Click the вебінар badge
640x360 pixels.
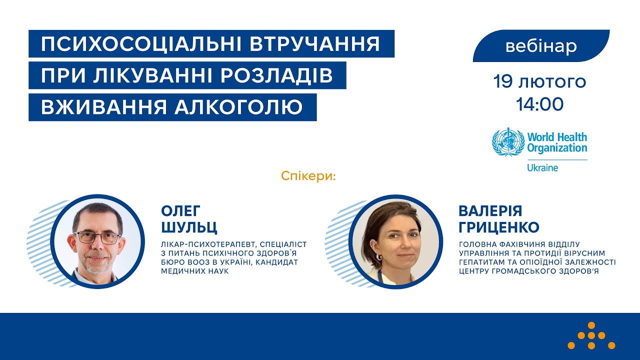pos(541,46)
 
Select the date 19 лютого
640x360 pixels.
pos(539,81)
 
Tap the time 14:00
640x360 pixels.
pos(540,104)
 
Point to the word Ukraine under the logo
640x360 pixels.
pos(542,168)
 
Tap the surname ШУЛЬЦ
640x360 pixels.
pos(189,228)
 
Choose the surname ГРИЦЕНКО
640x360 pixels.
pos(499,228)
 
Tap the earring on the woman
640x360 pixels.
pos(378,257)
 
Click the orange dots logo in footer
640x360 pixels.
pos(591,335)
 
